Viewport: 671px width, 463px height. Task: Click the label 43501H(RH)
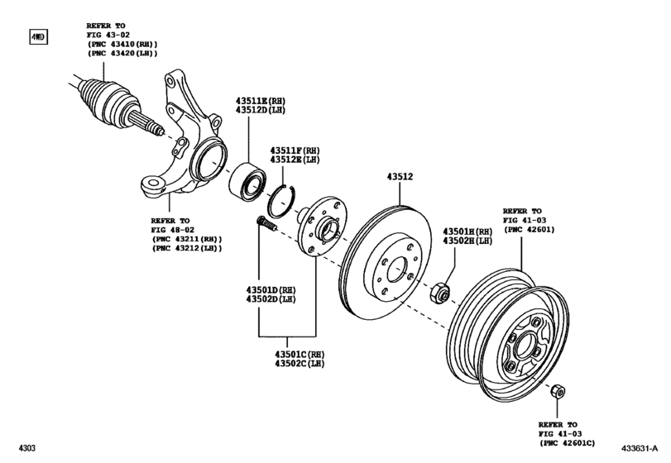click(x=467, y=231)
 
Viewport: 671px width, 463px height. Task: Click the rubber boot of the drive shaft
click(x=104, y=98)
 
